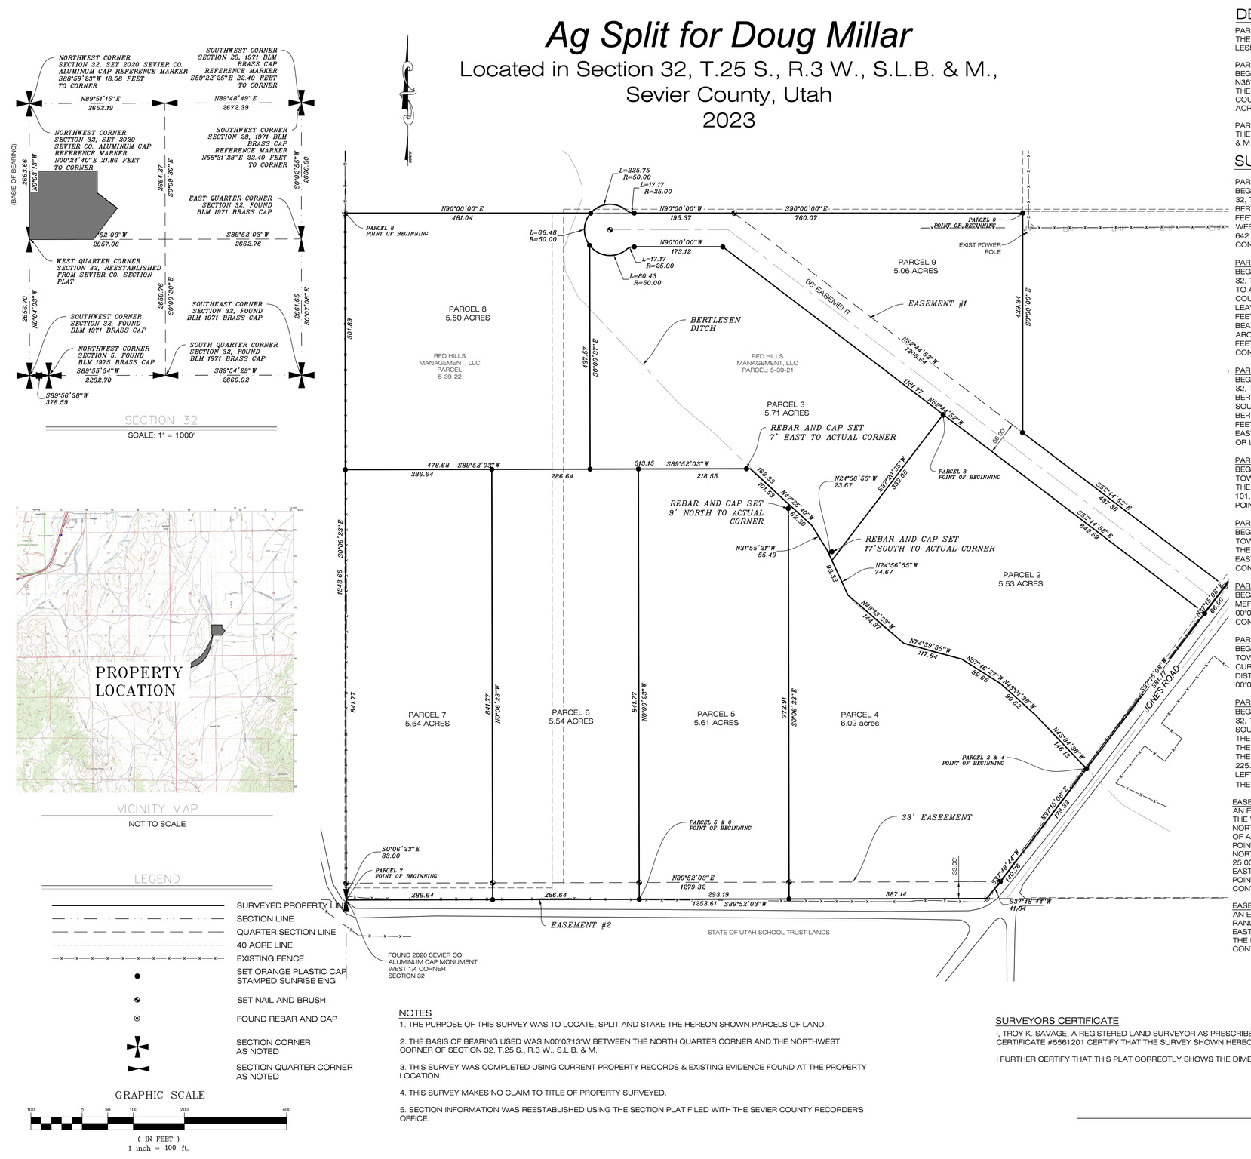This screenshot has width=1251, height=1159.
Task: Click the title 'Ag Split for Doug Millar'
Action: coord(728,35)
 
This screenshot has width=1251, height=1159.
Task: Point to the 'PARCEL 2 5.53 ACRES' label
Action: coord(1020,579)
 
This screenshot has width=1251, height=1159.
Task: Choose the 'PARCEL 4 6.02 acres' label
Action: coord(859,718)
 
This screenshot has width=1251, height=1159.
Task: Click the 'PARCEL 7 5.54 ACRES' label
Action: coord(427,718)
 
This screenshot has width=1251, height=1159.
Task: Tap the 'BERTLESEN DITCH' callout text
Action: coord(715,324)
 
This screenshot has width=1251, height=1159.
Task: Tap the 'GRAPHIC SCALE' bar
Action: coord(158,1122)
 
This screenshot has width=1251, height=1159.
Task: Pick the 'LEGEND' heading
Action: coord(157,879)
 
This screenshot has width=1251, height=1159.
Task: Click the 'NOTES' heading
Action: coord(415,1013)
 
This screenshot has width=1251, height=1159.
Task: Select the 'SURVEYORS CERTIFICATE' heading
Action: coord(1057,1020)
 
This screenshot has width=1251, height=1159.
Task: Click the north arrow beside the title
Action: coord(408,98)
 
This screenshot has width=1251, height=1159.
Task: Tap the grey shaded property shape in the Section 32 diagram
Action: coord(68,204)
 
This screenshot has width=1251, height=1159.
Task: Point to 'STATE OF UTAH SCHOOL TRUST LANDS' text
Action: coord(768,932)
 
